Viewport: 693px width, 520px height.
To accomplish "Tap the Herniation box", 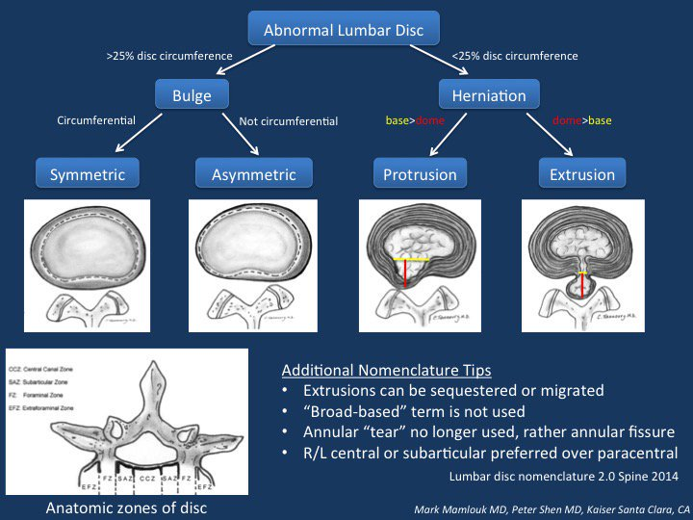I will point(489,96).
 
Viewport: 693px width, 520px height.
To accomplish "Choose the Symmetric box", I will point(88,174).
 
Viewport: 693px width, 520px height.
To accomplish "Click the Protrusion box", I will point(420,174).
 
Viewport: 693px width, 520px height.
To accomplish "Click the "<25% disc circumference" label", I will point(515,56).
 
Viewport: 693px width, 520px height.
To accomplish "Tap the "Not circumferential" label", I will point(287,121).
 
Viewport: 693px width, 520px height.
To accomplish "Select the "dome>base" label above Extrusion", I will point(582,121).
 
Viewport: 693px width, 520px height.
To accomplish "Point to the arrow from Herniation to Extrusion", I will point(545,133).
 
